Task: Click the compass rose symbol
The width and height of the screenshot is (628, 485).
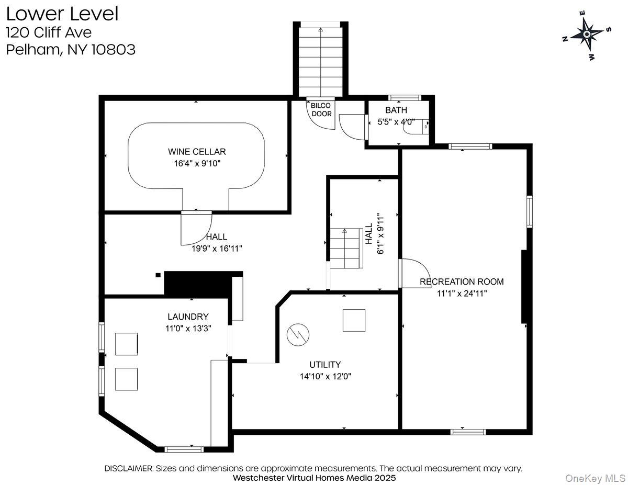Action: (x=587, y=35)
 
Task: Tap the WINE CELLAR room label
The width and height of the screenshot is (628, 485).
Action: (x=197, y=152)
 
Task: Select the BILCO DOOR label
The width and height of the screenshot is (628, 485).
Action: (x=321, y=109)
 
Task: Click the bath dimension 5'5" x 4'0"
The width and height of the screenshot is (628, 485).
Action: (x=396, y=121)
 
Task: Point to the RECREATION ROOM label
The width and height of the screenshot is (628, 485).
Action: (x=462, y=281)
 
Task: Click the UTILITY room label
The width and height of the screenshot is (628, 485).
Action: (x=325, y=365)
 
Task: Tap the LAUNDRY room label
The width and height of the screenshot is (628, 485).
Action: (x=188, y=317)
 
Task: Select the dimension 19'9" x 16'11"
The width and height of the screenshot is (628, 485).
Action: (x=217, y=249)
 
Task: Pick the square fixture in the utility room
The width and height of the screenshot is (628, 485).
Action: (x=354, y=320)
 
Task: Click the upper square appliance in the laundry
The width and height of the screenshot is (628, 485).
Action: (x=127, y=344)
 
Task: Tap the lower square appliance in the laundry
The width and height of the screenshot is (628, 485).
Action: (x=127, y=379)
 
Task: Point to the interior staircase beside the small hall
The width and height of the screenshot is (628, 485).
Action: (x=345, y=248)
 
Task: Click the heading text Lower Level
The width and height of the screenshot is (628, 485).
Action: (x=62, y=14)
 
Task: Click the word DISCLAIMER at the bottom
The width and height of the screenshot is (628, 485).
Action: (x=128, y=468)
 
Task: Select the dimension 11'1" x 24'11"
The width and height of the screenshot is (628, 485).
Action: (x=462, y=294)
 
